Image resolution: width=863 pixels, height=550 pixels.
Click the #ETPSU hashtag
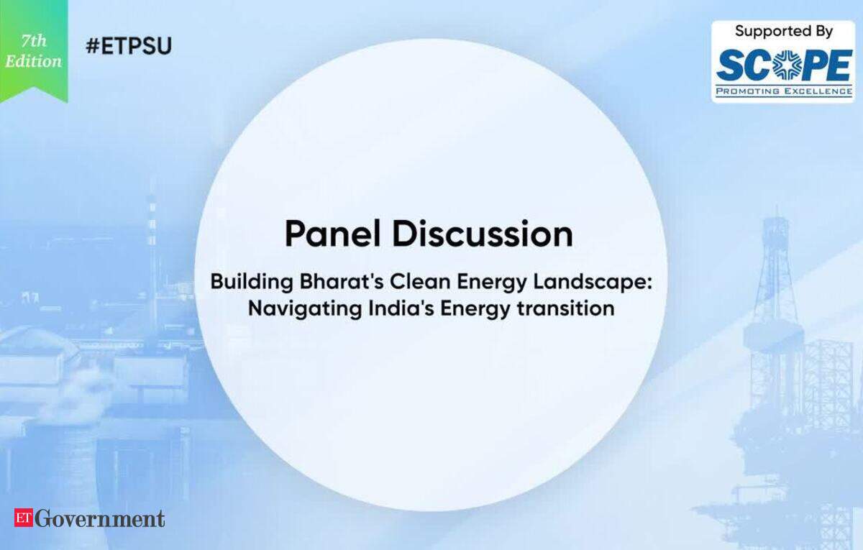(129, 46)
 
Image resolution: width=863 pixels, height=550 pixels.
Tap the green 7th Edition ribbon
(34, 51)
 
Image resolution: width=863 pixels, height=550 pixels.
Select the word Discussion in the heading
(483, 234)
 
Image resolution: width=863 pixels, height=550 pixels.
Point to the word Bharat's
(342, 282)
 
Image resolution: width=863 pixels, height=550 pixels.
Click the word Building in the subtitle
(252, 283)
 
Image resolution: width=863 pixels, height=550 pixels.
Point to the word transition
(566, 308)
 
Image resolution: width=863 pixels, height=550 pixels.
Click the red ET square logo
(24, 518)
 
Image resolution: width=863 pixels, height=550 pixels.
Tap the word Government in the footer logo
(100, 518)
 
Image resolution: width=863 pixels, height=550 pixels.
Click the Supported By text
(784, 31)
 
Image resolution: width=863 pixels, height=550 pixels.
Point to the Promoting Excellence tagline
(784, 91)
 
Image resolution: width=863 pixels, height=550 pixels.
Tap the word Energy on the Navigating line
(475, 309)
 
